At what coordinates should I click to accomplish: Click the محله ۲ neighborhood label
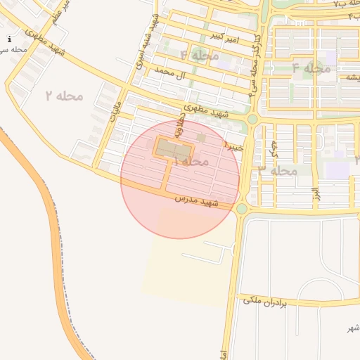64,95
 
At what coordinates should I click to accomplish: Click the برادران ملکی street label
266,302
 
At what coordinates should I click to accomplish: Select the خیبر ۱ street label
233,146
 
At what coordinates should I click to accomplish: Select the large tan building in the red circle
173,148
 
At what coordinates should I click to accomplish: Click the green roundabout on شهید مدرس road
242,209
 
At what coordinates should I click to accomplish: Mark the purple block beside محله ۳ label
337,170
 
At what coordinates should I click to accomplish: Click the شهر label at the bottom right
352,328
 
